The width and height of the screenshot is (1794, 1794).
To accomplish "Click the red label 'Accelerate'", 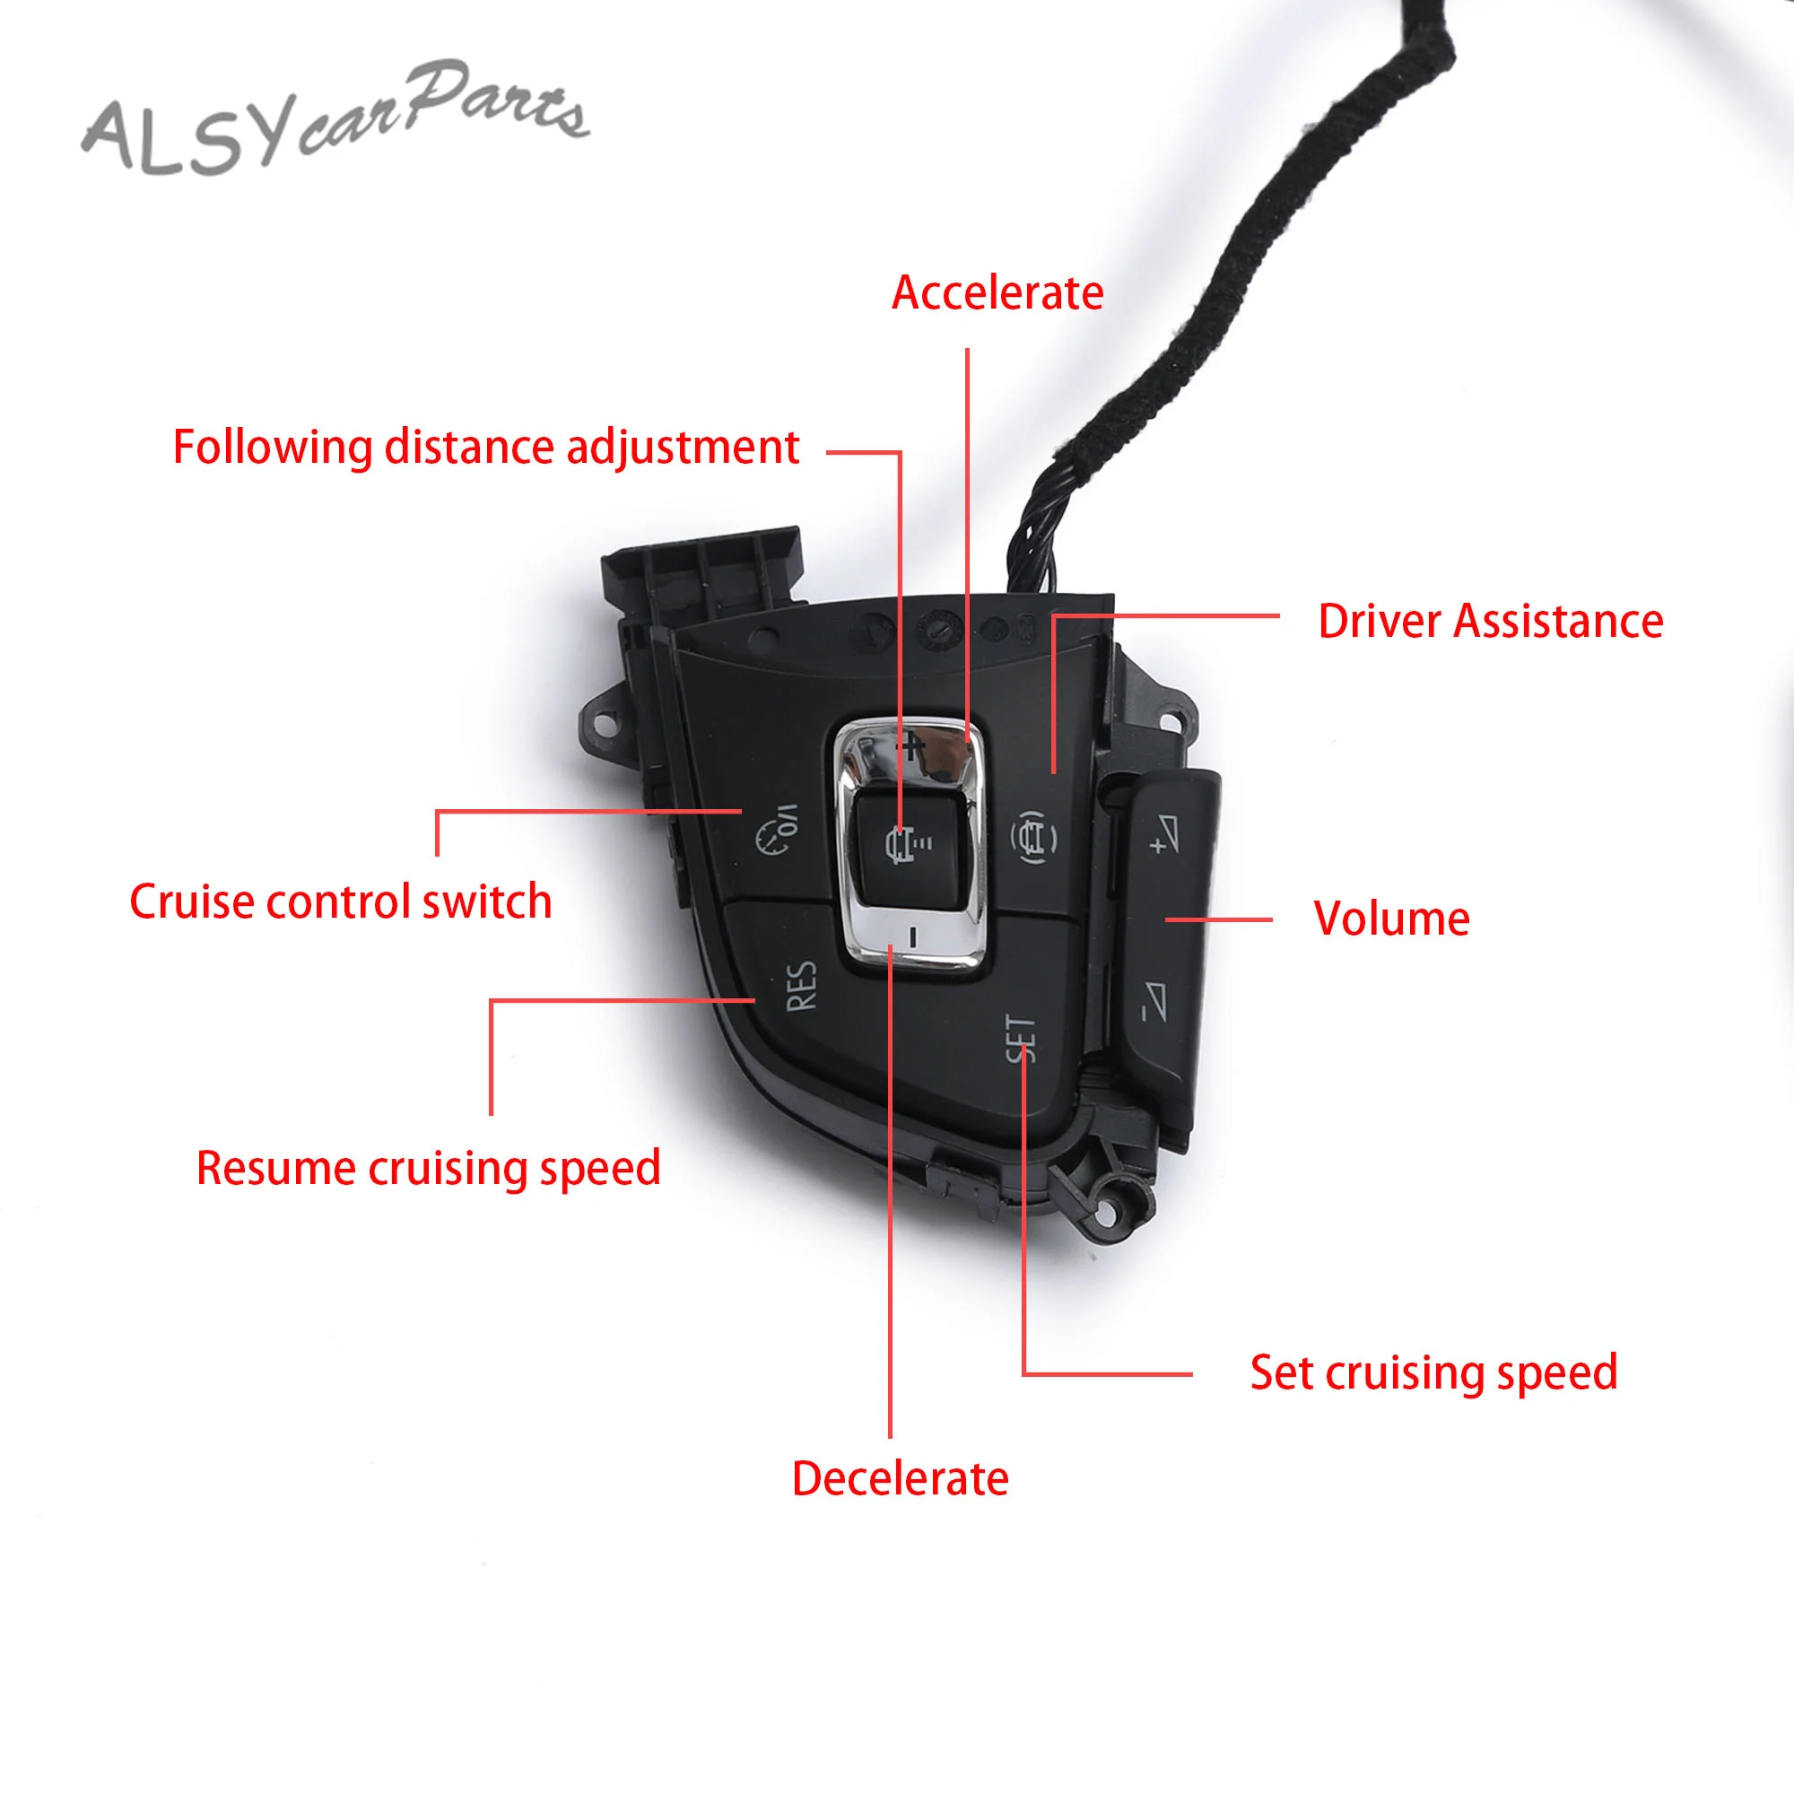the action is click(x=997, y=293).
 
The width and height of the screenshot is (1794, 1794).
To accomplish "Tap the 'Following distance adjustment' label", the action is click(x=485, y=448).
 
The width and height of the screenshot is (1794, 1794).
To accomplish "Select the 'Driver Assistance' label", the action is click(x=1489, y=622).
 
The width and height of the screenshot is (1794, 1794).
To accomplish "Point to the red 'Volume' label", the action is click(x=1391, y=919).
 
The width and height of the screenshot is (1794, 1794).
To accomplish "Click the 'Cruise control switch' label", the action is click(x=341, y=901).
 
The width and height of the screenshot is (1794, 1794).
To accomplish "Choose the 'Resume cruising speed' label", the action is click(x=428, y=1168).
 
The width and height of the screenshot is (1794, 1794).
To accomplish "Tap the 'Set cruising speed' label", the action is click(x=1433, y=1373).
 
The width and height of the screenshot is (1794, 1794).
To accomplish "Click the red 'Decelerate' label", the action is click(x=900, y=1479).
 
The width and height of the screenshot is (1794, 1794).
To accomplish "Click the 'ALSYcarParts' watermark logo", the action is click(x=335, y=121).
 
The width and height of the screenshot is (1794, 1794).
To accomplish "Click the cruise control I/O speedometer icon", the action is click(x=777, y=829).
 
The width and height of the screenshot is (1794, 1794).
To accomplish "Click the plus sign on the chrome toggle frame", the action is click(x=911, y=745).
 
